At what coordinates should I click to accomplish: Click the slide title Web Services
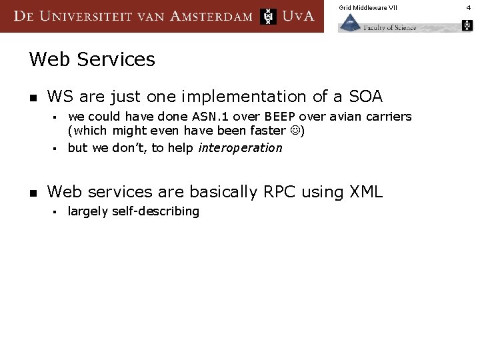tap(92, 59)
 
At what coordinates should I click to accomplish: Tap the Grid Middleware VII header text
tap(367, 7)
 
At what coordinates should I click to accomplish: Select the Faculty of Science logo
tap(378, 24)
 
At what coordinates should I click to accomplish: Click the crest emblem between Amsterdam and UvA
tap(268, 16)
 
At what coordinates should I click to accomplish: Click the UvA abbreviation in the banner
tap(298, 16)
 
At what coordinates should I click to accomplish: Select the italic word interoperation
tap(240, 148)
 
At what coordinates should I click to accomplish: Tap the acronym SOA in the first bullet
tap(365, 97)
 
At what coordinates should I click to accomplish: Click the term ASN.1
tap(200, 117)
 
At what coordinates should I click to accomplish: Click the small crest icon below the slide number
tap(467, 25)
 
